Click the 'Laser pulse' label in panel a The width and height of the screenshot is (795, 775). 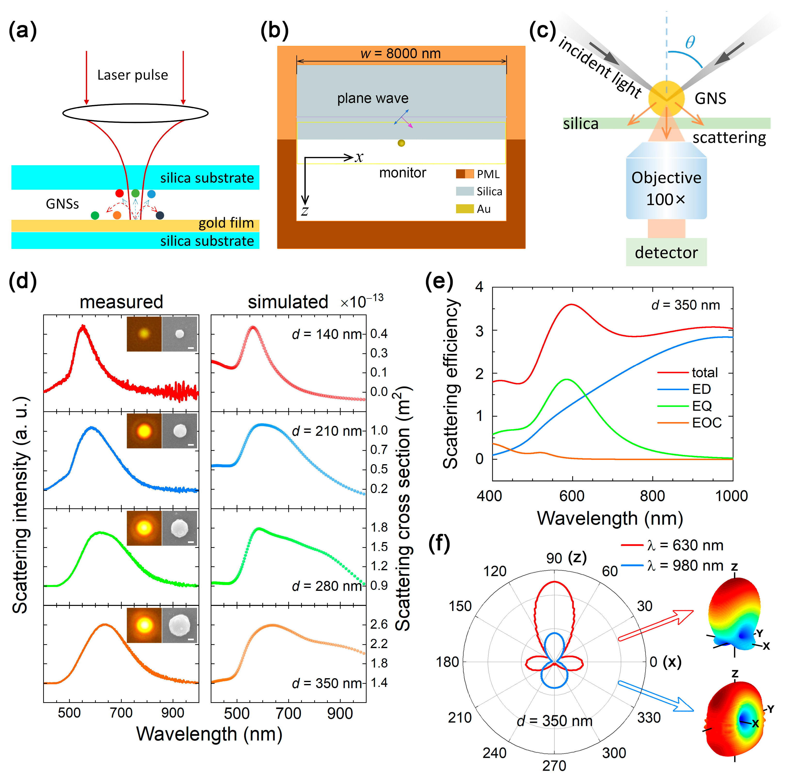(133, 75)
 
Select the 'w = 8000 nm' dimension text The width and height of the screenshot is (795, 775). (401, 53)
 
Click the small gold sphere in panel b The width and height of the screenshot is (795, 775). (401, 143)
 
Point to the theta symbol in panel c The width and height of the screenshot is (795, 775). (690, 42)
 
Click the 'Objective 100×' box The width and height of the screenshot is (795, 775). (666, 188)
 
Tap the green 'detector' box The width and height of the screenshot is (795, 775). (666, 252)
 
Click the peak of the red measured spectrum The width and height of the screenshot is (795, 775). (83, 326)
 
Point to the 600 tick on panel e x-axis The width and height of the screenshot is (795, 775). (572, 496)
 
